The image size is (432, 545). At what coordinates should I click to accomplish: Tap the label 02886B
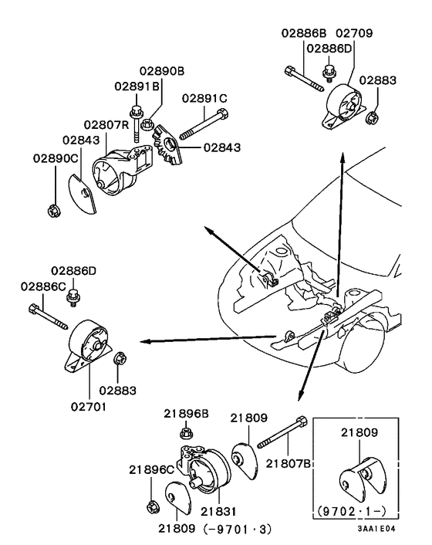point(302,33)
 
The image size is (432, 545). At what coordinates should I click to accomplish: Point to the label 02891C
point(204,98)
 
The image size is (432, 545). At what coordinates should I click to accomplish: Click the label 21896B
point(186,413)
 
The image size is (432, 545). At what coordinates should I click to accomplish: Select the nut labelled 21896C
point(152,506)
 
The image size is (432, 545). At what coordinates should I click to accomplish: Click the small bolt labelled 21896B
point(184,433)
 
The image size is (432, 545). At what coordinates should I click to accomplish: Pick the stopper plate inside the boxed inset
point(362,474)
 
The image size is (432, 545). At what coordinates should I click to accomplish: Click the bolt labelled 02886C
point(48,317)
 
